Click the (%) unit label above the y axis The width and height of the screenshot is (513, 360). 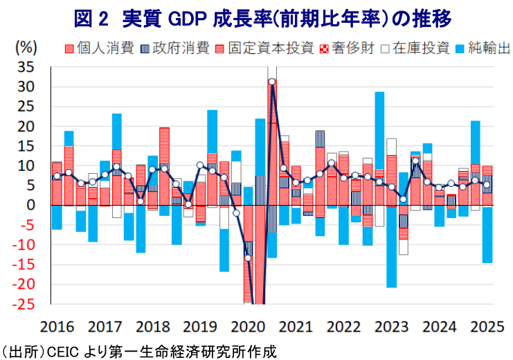point(27,48)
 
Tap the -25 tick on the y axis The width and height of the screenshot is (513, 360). point(24,304)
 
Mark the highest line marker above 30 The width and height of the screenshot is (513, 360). point(272,82)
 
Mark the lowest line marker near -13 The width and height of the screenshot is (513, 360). point(248,258)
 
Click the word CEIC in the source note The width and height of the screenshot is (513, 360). point(62,350)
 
